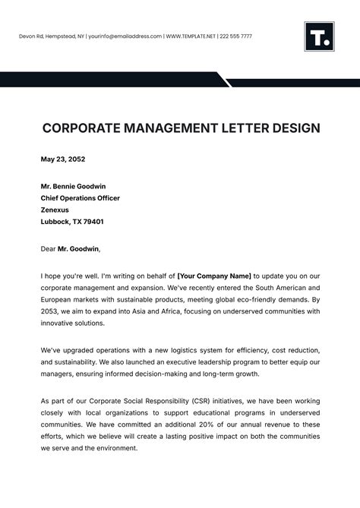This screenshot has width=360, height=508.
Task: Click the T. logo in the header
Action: pos(319,36)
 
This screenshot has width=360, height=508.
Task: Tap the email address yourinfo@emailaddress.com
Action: pos(125,36)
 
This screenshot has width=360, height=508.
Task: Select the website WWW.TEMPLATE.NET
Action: pos(191,36)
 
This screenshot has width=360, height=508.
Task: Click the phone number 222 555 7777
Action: pos(236,36)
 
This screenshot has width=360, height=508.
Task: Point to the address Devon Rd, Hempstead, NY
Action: pos(52,36)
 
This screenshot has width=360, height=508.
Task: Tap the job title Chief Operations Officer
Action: pos(80,198)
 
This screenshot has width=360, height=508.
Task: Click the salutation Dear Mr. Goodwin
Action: pos(70,248)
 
